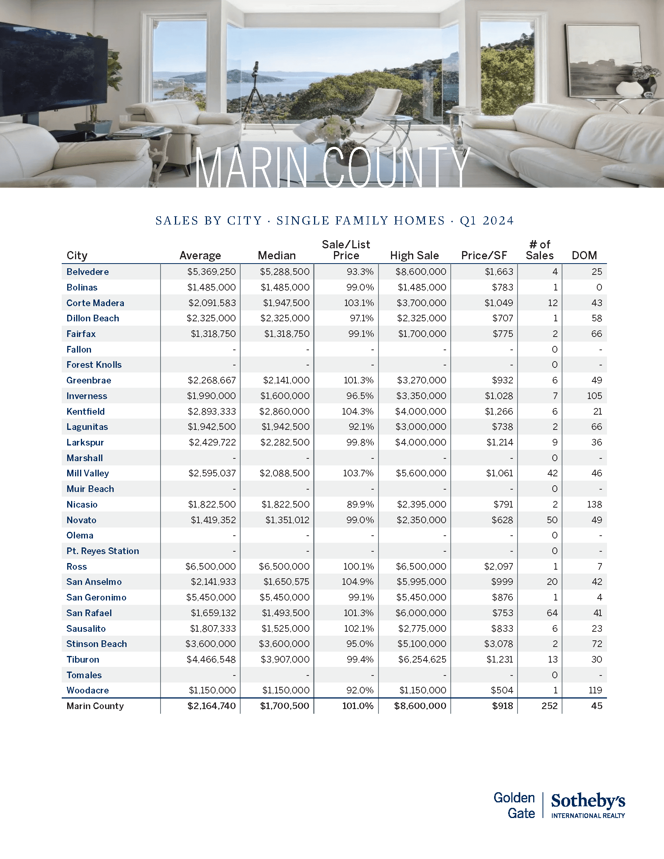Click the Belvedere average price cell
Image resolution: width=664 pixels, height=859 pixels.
211,272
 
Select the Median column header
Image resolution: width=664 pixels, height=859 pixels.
277,256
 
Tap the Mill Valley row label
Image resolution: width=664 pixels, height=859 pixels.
87,473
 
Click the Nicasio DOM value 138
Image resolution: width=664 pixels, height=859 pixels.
594,504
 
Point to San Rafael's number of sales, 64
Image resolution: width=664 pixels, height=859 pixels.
552,613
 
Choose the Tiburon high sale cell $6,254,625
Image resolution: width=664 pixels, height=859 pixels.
422,659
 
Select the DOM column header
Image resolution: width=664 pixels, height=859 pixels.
584,256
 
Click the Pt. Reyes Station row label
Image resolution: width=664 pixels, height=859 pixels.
103,551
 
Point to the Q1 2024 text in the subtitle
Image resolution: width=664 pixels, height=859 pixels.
487,221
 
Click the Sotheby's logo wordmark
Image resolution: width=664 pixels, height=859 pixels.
588,801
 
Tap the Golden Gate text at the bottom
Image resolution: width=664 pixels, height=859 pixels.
514,806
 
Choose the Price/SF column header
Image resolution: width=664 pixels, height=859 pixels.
484,256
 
